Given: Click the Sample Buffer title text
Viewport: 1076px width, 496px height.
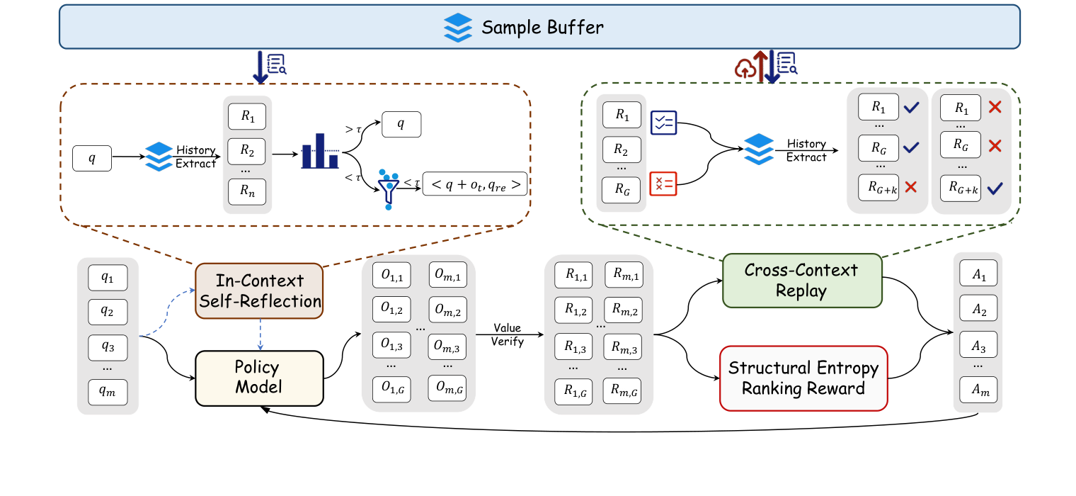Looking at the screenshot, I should [542, 28].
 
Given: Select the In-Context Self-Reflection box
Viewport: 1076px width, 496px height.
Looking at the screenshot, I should [259, 291].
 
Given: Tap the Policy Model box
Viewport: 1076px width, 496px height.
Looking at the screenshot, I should [258, 378].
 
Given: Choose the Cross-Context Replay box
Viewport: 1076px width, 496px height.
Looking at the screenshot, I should [801, 281].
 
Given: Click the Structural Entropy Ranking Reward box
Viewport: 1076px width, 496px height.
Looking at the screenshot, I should [803, 378].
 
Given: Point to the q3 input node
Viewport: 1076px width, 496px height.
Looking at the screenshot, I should [108, 347].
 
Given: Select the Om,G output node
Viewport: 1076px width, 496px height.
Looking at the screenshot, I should [447, 388].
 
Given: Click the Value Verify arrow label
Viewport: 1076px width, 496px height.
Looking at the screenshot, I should [508, 335].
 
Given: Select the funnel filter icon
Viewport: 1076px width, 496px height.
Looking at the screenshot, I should [388, 188].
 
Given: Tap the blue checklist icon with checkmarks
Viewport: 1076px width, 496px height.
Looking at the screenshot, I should [663, 123].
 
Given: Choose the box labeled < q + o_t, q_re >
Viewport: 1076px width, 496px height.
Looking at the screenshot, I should [475, 184].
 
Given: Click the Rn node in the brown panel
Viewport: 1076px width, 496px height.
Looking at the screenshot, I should [247, 191].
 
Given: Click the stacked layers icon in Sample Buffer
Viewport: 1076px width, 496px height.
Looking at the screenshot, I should [458, 28].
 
